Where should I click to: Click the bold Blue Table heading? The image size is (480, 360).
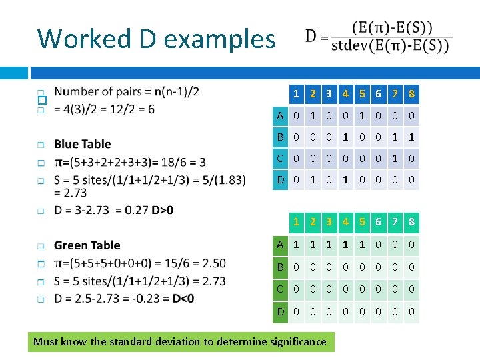click(x=83, y=144)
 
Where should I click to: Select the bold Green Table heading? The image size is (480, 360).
click(x=87, y=245)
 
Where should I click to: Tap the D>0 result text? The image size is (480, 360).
click(x=162, y=210)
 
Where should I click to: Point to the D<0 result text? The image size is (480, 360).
click(x=183, y=298)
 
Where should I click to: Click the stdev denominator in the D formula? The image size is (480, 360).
click(x=390, y=46)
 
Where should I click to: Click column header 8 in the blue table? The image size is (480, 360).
click(x=413, y=94)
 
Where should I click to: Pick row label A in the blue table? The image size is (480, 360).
click(x=281, y=116)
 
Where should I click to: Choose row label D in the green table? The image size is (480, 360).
click(x=281, y=311)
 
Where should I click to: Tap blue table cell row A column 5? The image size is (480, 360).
click(x=361, y=116)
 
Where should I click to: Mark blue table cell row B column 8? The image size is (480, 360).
click(x=413, y=137)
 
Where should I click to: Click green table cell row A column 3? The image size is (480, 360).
click(x=329, y=245)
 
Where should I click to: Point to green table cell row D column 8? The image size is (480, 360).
click(x=413, y=311)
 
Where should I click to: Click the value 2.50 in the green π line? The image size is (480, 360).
click(x=211, y=263)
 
